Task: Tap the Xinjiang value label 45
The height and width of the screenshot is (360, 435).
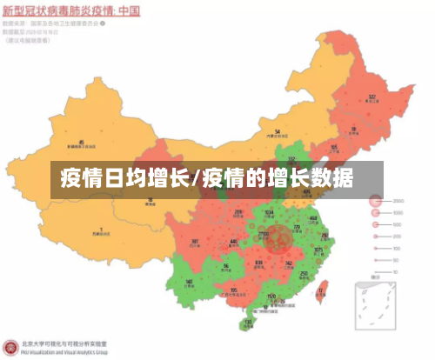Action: coord(82,141)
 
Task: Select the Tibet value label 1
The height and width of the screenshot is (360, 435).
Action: coord(101,229)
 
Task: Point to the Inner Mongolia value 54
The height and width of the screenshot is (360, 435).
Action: coord(277,131)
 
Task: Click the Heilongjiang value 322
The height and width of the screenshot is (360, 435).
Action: coord(372,97)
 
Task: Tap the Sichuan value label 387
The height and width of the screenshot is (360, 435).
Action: coord(195,241)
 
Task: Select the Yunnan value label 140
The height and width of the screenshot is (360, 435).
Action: coord(190,282)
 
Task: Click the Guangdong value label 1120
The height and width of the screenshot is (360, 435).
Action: coord(271,296)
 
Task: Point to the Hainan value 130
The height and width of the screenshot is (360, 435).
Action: coord(248,321)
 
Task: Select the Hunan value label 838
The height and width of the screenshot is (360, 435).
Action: coord(258,262)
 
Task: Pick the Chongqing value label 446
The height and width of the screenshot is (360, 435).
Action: coord(232,242)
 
